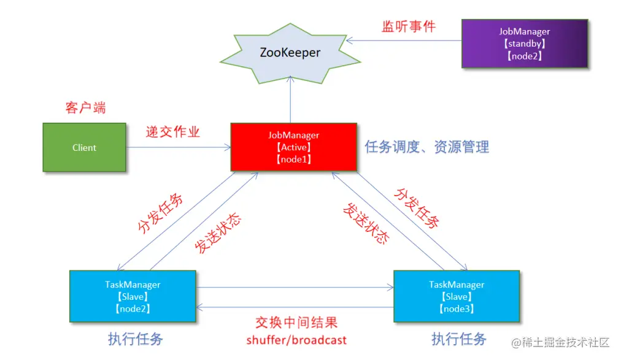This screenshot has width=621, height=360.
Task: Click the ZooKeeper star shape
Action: pos(290,53)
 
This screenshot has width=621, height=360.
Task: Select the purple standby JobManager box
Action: pos(524,43)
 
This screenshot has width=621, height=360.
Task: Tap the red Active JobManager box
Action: pos(293,147)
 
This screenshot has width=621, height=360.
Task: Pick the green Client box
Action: pos(84,147)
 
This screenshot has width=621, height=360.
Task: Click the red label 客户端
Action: pos(85,108)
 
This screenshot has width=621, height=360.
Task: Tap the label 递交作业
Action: pos(172,132)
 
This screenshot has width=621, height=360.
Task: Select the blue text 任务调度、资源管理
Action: pos(426,147)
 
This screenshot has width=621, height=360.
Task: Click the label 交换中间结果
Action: pos(296,323)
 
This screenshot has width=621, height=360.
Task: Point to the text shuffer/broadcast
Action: pos(296,340)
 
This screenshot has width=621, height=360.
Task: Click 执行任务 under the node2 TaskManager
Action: pos(136,339)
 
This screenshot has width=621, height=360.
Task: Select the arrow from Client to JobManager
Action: pos(178,147)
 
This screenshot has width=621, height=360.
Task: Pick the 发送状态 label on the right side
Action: pos(366,223)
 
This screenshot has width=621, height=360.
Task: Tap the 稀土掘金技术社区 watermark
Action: pos(561,342)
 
